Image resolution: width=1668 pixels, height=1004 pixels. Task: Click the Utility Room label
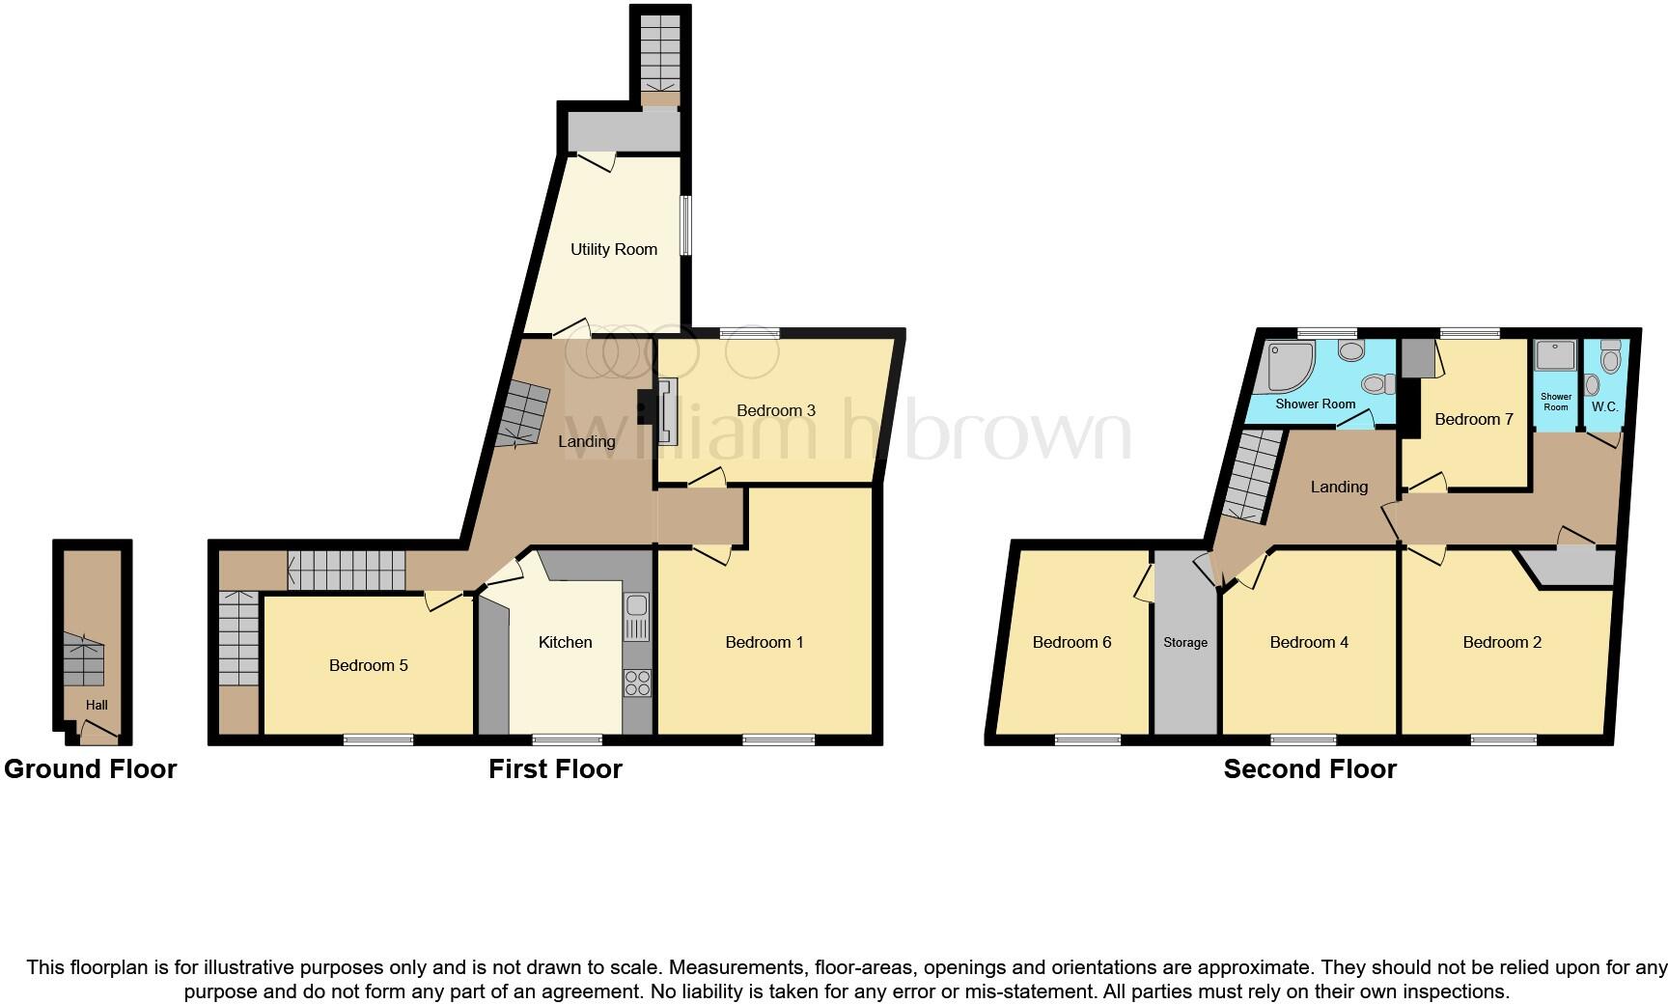tap(613, 249)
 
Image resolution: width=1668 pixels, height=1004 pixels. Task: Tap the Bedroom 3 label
tap(775, 410)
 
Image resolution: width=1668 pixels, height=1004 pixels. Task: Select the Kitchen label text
tap(565, 642)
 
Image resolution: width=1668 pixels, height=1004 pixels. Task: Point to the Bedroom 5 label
tap(368, 665)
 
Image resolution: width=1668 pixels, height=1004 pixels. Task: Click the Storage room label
tap(1185, 642)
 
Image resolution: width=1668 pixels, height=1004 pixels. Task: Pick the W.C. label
tap(1604, 406)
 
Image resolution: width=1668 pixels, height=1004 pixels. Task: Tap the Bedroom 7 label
tap(1473, 419)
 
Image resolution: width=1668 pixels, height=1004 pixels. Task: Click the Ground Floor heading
tap(90, 769)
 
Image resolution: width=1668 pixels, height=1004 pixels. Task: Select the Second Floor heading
tap(1310, 769)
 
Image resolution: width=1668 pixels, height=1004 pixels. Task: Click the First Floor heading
tap(555, 769)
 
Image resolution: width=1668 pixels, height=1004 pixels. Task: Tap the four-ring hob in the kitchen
tap(637, 683)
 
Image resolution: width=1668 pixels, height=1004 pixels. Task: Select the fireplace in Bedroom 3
tap(665, 411)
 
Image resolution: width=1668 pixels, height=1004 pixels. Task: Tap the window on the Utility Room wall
tap(686, 226)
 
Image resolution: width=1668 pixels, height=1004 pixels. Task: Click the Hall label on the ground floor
tap(97, 705)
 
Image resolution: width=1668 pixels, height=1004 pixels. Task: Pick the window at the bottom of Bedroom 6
tap(1087, 740)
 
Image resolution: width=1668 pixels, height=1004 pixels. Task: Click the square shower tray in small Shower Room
tap(1555, 356)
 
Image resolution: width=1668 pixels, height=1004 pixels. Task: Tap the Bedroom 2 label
tap(1502, 642)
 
